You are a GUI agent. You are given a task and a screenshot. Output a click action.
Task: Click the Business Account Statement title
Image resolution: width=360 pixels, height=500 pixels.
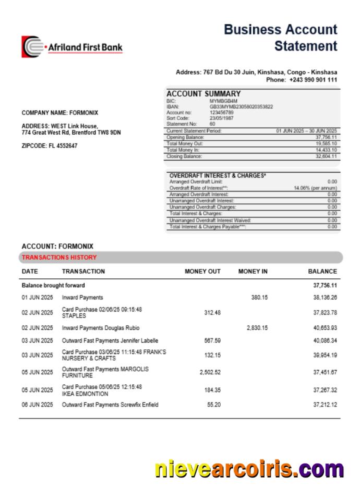280,38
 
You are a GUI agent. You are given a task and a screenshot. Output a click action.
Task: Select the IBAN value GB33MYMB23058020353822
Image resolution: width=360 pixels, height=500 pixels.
241,107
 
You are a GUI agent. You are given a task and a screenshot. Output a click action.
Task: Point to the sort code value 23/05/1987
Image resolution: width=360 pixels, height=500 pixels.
222,118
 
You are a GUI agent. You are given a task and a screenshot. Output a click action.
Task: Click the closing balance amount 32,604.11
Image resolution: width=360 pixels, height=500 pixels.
326,156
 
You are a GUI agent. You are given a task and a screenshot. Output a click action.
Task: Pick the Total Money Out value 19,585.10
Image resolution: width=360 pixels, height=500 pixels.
326,143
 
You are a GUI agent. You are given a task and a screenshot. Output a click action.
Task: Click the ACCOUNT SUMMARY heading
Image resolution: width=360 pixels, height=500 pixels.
203,94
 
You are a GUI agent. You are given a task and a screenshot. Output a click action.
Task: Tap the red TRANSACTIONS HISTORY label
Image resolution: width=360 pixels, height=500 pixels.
59,258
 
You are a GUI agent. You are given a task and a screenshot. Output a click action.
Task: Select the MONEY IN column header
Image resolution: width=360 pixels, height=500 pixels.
253,272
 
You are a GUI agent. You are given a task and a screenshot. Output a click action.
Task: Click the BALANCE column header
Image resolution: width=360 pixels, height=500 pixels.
322,272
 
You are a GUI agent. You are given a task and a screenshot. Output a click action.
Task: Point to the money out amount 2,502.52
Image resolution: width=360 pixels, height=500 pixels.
210,372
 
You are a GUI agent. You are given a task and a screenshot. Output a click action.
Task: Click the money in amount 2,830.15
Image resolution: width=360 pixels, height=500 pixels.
257,328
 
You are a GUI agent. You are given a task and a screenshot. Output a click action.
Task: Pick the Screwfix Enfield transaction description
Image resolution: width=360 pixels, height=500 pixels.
110,405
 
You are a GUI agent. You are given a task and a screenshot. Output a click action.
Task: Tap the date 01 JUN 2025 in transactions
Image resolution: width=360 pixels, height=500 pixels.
37,298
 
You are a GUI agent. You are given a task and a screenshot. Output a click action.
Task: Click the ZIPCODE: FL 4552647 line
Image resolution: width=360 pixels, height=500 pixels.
50,146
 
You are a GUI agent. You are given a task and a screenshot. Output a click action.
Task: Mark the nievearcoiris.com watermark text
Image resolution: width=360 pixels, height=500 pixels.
249,469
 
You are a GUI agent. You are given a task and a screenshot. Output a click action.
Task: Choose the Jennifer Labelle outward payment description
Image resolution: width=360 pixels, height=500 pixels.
110,341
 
